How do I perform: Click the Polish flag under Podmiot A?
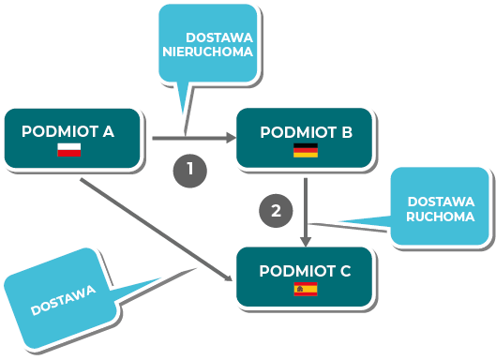69,150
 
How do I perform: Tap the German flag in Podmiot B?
306,150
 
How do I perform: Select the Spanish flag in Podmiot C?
306,289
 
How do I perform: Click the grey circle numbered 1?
190,171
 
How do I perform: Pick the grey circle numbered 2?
276,211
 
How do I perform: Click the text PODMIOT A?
68,131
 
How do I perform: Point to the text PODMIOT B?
307,132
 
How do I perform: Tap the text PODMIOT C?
305,271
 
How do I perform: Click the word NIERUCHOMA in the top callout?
207,52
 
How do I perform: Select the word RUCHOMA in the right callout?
441,217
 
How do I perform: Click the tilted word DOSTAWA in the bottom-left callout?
63,300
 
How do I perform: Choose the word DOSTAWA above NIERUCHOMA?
219,37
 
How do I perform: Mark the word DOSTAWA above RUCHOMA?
441,202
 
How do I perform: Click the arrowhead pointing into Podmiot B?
232,138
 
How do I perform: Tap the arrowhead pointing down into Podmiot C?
306,242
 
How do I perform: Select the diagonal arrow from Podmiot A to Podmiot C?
156,230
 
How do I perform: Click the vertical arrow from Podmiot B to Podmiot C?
306,213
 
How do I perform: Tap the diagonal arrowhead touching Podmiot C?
229,278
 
